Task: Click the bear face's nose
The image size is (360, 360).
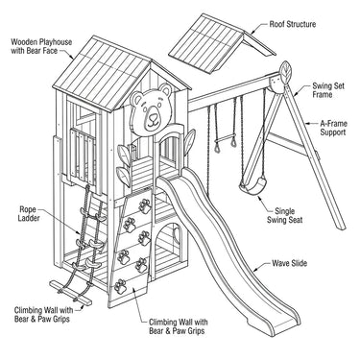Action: pos(154,116)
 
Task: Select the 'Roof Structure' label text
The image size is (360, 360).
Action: pos(293,24)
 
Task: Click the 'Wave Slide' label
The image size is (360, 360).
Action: pos(290,263)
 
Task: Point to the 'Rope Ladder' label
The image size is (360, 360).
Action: pos(29,214)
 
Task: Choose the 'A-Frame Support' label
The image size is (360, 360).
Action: pos(333,128)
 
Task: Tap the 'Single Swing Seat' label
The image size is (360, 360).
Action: pos(285,215)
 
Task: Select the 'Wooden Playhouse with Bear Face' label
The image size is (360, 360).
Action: pos(41,46)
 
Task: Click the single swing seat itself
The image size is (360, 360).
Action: pos(253,186)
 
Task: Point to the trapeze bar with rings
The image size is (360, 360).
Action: pos(226,141)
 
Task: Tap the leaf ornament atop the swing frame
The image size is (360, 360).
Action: pos(285,70)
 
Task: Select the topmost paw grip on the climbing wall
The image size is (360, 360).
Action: pos(145,206)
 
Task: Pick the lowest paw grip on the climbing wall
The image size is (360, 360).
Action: pos(120,286)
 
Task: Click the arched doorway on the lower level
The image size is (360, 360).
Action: pos(169,239)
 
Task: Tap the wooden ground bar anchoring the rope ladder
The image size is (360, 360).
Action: pos(71,293)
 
